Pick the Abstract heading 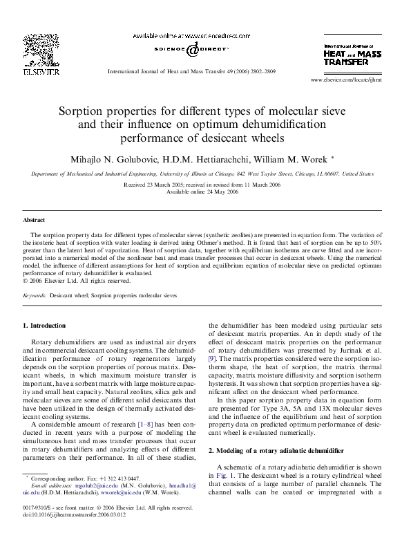point(34,219)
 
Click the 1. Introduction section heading point(44,325)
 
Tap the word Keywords point(35,295)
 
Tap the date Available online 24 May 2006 point(203,192)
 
